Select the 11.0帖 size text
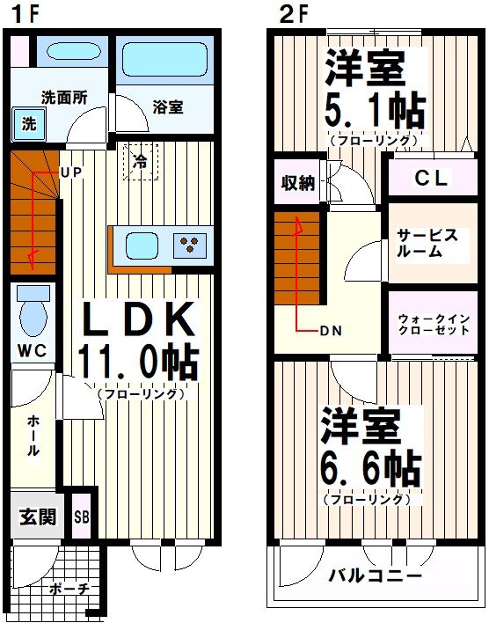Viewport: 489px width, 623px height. [137, 361]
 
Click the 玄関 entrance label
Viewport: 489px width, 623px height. [38, 517]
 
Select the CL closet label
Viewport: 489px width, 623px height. [431, 179]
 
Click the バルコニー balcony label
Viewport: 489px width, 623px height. [376, 576]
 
